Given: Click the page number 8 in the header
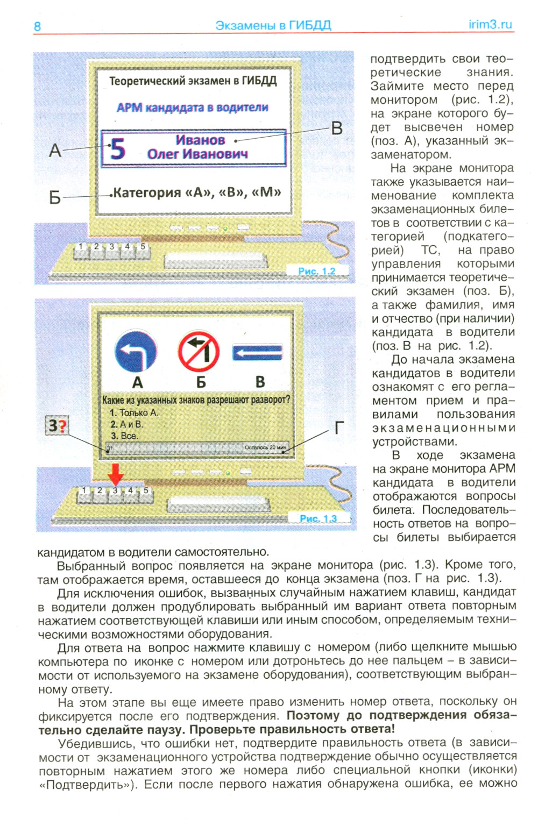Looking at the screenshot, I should tap(37, 26).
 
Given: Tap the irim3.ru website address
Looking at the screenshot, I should tap(490, 24).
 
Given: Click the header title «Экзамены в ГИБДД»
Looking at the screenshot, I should tap(273, 25).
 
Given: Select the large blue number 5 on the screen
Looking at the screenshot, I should tap(117, 149).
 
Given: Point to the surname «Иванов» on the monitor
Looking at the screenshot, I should tap(200, 140).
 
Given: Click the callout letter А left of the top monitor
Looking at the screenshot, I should tap(55, 151).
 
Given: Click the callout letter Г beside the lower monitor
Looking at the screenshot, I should tap(338, 428).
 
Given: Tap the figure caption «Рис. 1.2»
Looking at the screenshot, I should tap(316, 271).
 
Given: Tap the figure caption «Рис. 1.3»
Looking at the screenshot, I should tap(318, 518).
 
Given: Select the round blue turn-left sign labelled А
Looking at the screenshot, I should tap(136, 353).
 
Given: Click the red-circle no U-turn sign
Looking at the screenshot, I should tap(199, 352).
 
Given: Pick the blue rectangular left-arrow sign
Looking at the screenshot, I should tap(257, 353).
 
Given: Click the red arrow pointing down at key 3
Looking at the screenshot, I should tap(116, 474).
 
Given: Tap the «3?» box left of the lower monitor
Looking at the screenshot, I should tap(56, 426).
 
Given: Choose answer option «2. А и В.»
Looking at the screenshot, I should tap(127, 424).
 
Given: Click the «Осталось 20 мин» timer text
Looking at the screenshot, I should tap(265, 447).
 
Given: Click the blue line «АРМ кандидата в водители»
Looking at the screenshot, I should tap(192, 108).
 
